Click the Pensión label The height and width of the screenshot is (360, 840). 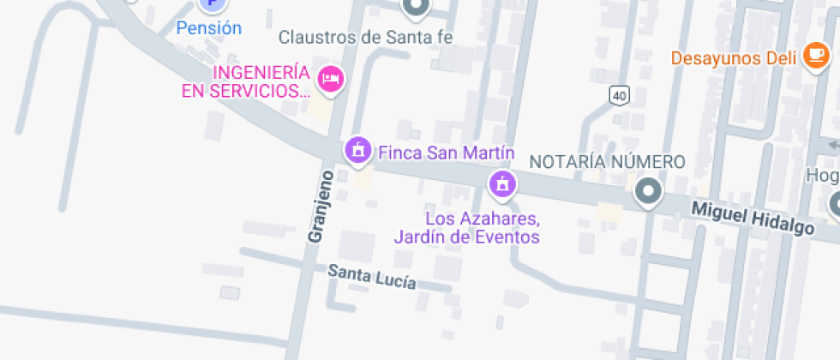coord(209,28)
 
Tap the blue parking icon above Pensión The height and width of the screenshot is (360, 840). coord(210,4)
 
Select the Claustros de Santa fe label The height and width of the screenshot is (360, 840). coord(365,37)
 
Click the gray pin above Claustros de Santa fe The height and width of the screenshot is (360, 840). coord(417,7)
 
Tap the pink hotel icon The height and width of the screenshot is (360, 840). coord(330,80)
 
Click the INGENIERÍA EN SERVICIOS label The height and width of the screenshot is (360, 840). coord(248,81)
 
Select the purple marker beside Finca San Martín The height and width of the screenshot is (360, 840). coord(357,150)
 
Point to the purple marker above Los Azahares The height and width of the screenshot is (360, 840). coord(502,183)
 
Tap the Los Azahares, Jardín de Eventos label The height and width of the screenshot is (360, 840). coord(466,227)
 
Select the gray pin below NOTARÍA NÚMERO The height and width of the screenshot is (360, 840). coord(648,193)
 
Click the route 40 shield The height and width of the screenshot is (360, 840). coord(619,95)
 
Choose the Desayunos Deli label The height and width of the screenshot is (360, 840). coord(734,58)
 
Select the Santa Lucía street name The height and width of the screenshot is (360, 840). coord(373,277)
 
